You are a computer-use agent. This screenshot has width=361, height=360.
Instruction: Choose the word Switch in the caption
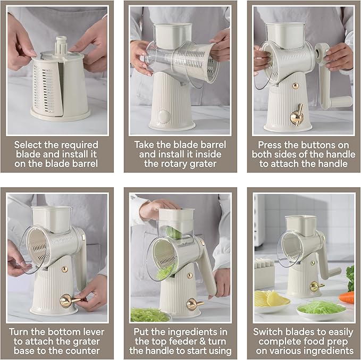coord(268,332)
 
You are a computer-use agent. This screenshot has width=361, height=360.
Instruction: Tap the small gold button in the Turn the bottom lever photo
coord(65,269)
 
